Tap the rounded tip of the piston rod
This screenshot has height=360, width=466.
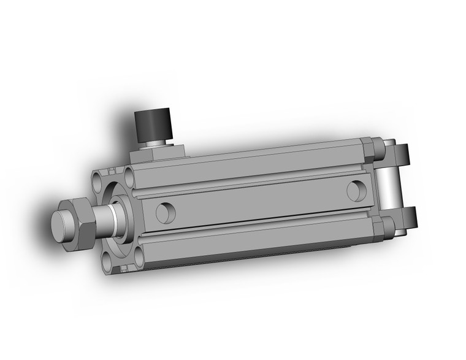coord(61,223)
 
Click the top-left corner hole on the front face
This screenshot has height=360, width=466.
coord(99,182)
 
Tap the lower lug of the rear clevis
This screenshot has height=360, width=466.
coord(405,218)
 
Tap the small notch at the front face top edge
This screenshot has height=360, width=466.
coord(112,169)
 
